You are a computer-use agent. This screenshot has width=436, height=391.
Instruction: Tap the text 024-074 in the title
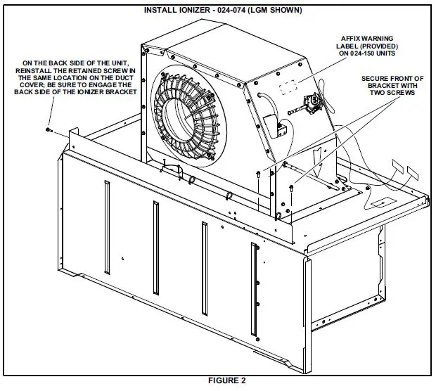tap(238, 11)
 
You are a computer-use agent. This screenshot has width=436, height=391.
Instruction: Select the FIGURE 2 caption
tap(226, 381)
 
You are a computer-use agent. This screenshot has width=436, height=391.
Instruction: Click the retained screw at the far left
tap(47, 129)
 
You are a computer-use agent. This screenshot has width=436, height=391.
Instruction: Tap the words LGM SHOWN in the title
tap(276, 11)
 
